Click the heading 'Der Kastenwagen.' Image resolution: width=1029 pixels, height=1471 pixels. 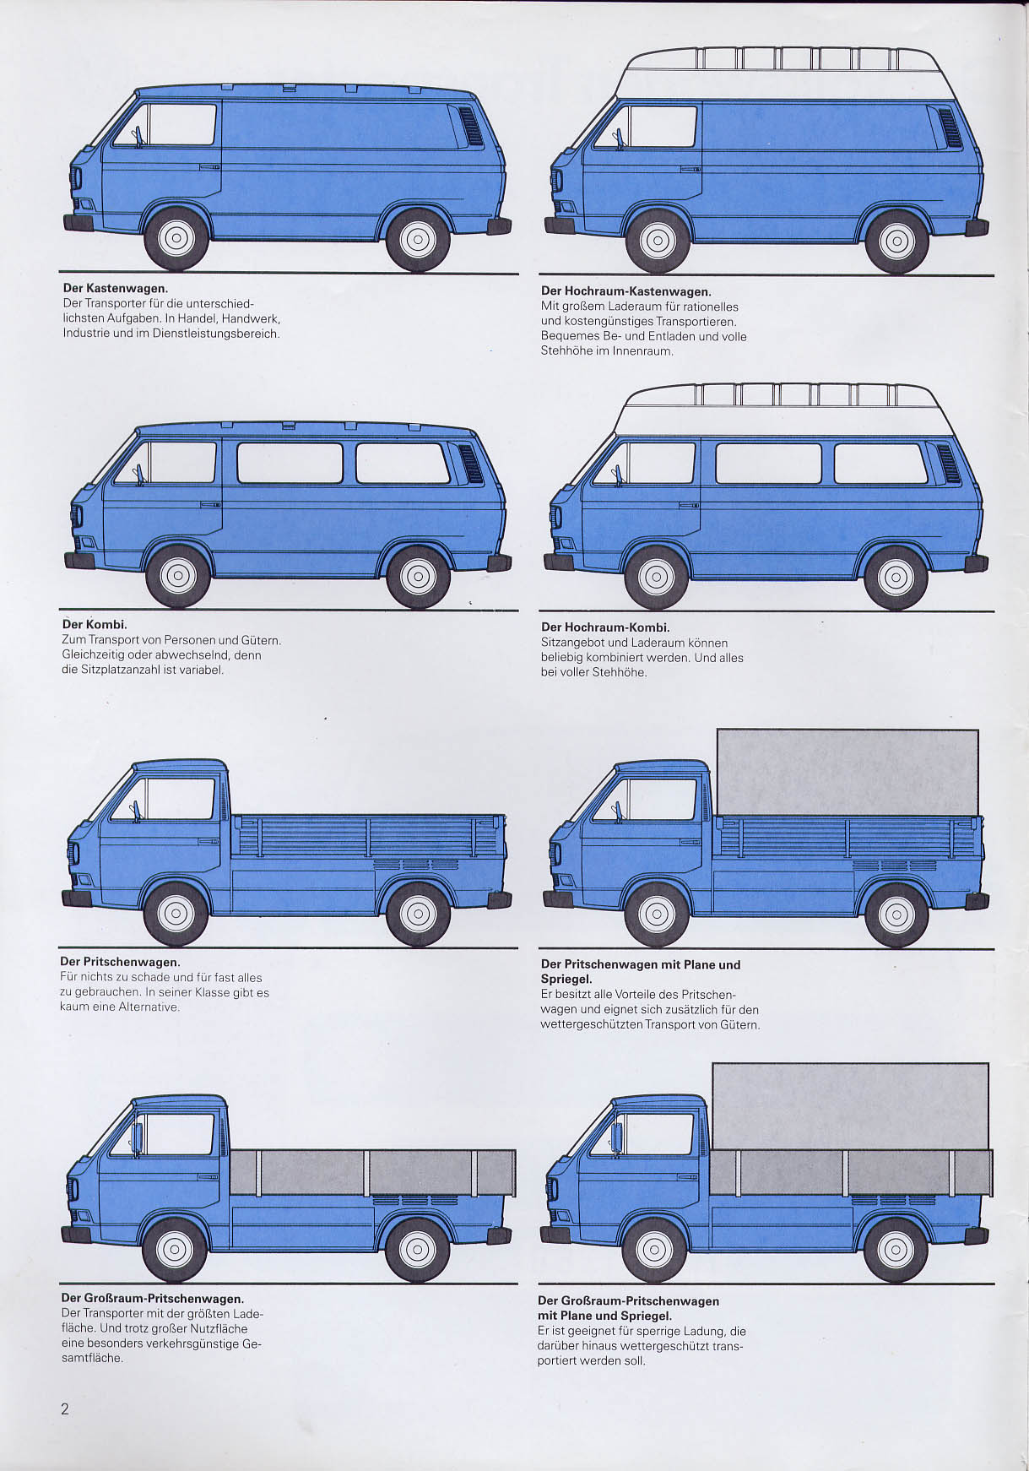116,288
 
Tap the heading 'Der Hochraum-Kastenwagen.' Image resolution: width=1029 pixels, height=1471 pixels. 626,291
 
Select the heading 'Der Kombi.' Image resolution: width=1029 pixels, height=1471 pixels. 95,624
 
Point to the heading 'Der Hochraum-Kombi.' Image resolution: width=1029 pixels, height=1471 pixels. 605,627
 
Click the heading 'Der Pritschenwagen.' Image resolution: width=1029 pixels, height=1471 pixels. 120,962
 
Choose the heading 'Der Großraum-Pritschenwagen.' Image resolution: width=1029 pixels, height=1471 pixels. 152,1299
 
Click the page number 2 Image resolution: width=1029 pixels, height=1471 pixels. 65,1409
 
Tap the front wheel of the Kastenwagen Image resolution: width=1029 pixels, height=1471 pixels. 176,238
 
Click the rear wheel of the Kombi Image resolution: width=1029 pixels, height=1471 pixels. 417,577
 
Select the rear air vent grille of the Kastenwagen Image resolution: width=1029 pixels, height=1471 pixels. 470,127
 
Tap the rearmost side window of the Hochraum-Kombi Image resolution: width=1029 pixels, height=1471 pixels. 881,464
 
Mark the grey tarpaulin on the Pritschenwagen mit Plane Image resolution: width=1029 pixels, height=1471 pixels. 848,772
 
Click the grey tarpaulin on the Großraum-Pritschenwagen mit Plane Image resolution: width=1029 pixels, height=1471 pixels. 850,1106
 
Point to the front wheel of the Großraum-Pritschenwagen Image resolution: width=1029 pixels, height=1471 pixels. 175,1249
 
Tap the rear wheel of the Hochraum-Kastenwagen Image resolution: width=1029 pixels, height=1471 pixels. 896,242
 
